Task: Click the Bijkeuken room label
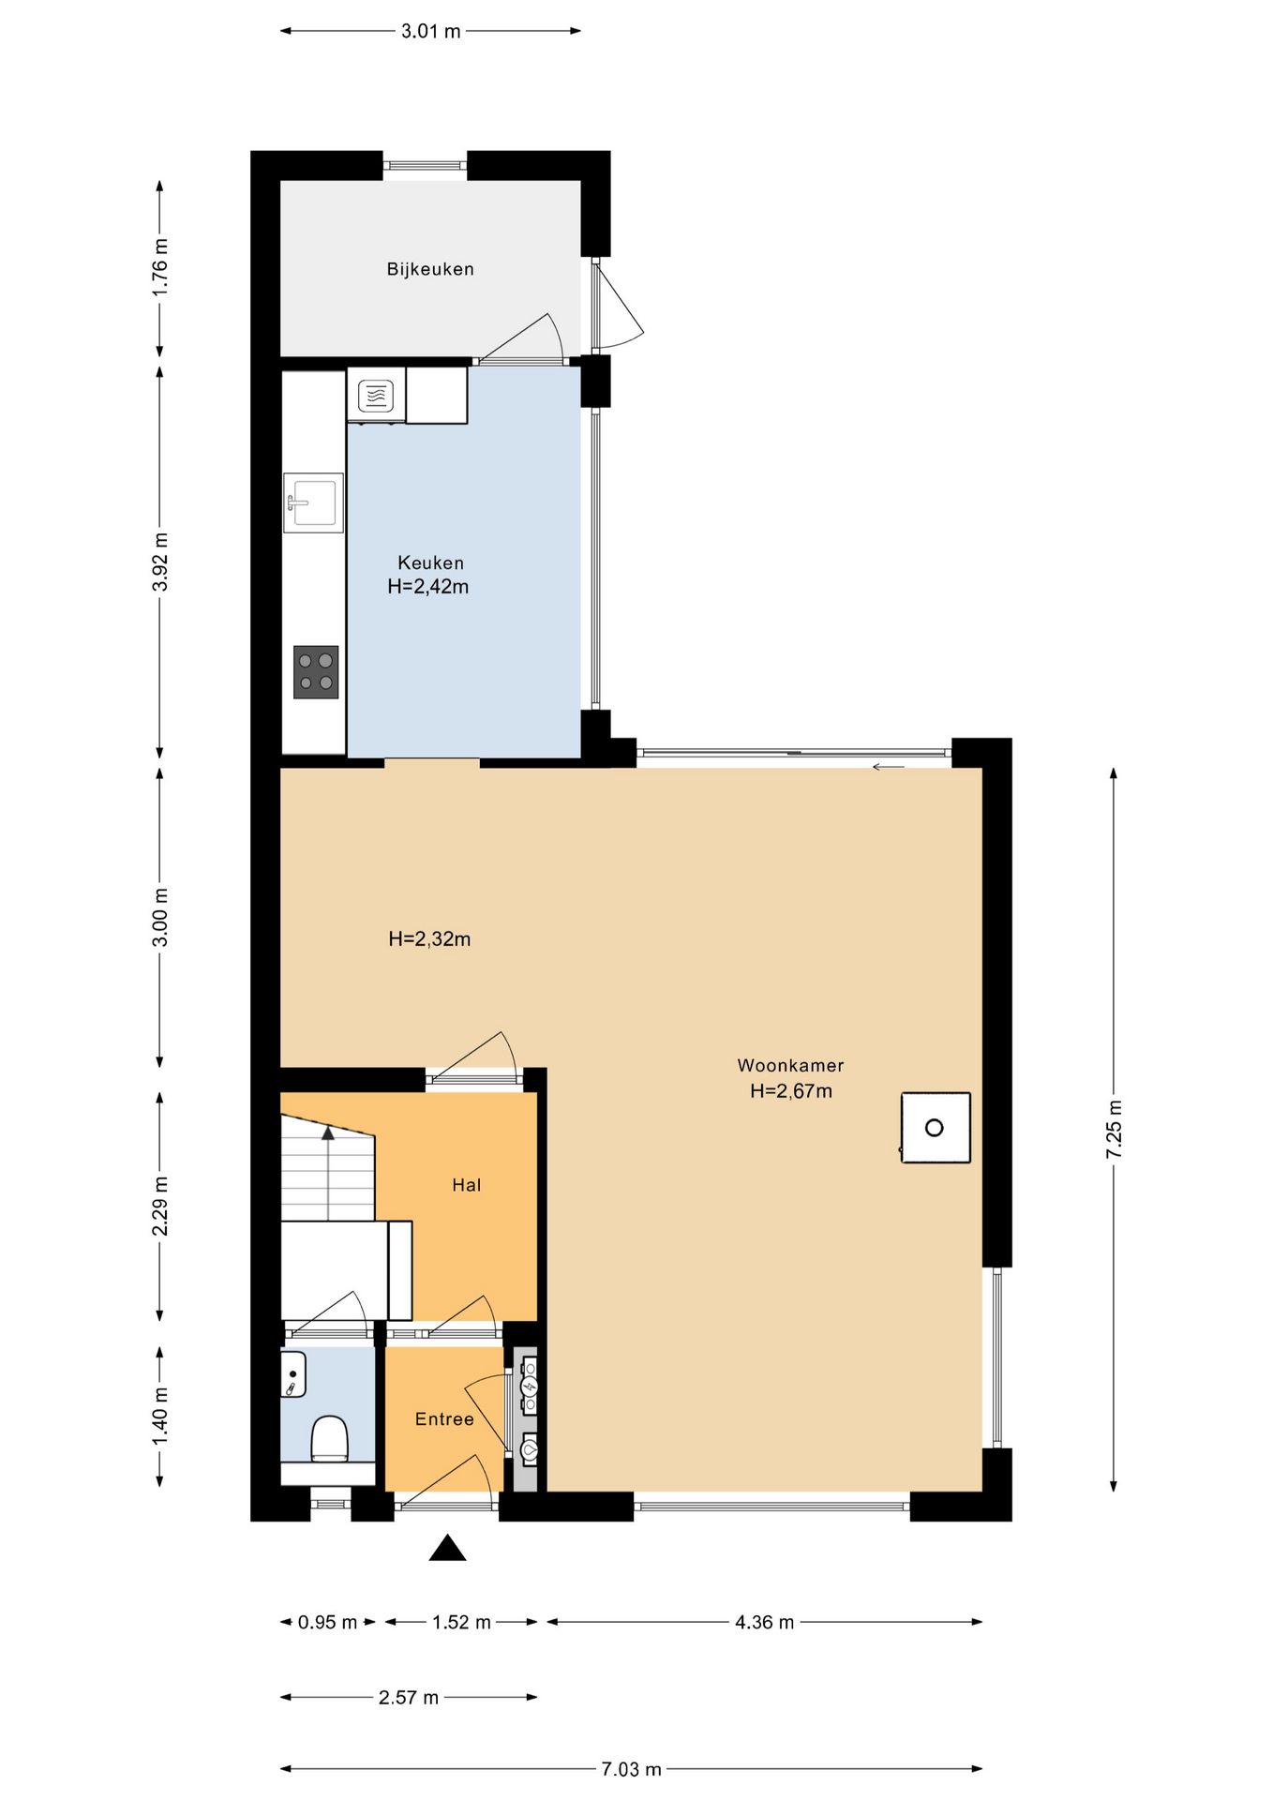430,269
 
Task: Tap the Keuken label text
430,562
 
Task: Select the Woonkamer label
790,1065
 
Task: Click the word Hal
466,1185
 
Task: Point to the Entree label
444,1419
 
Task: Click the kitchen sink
314,503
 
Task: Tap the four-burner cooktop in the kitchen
316,672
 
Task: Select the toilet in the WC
329,1439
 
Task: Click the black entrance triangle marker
447,1548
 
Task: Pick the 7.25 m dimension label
1114,1129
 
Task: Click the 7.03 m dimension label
631,1769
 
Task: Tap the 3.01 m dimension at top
431,31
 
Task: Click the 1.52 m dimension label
461,1622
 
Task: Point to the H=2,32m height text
429,938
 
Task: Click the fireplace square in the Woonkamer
936,1128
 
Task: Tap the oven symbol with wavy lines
376,396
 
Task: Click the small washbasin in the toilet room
293,1374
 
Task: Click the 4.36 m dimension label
764,1622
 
